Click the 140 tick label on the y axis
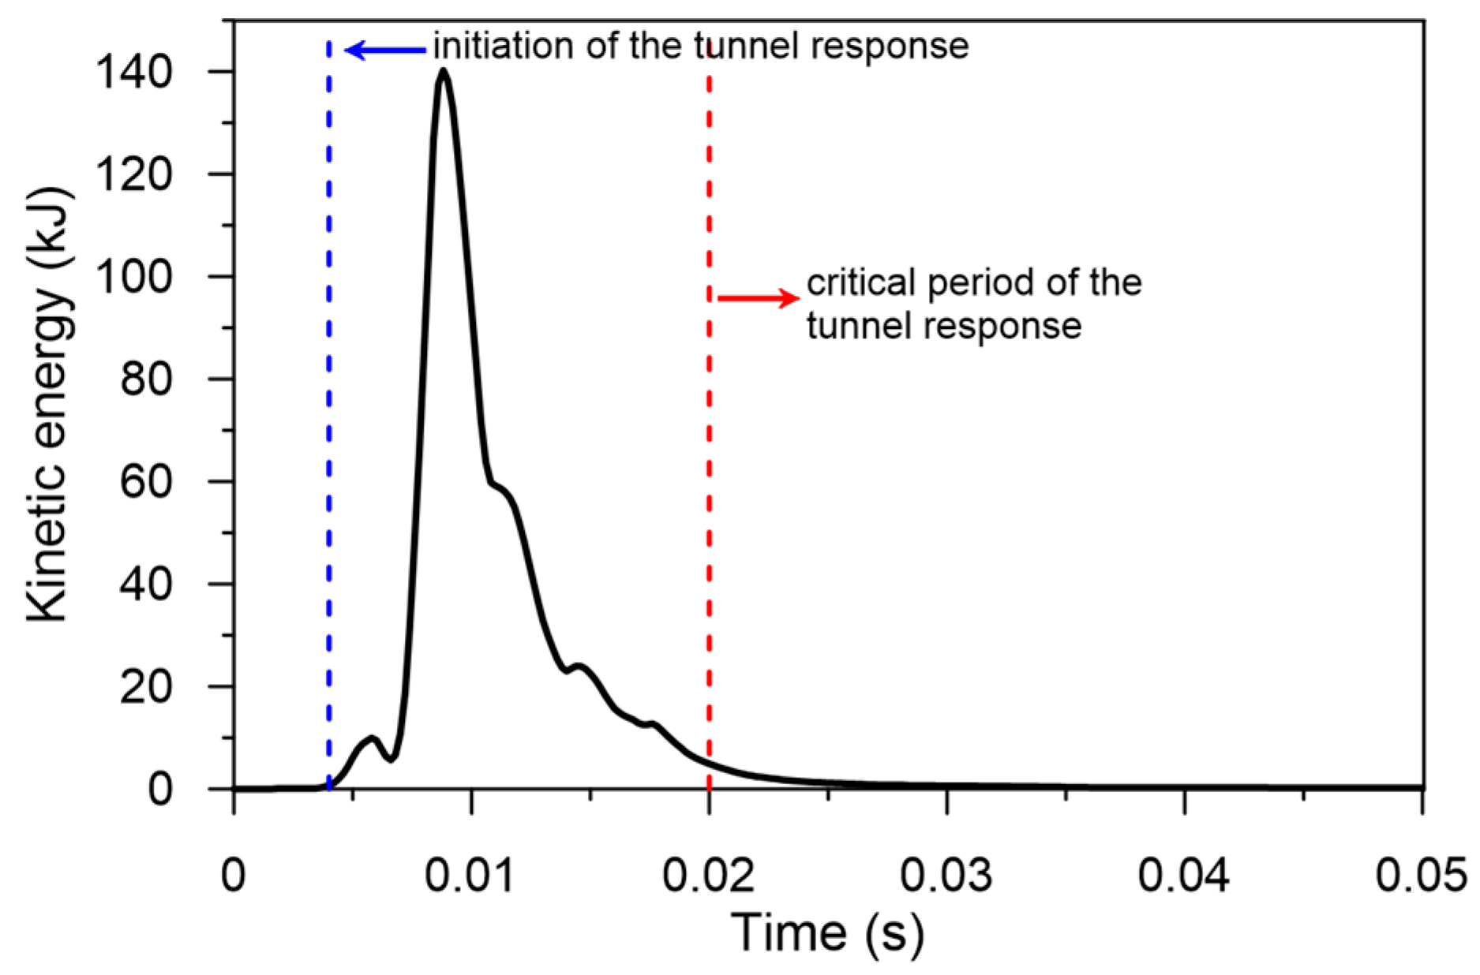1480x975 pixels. point(133,73)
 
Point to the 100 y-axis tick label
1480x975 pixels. point(133,278)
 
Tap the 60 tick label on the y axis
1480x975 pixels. point(145,482)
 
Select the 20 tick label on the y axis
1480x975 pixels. point(145,687)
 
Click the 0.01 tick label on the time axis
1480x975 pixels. point(470,875)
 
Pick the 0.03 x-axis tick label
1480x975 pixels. point(946,875)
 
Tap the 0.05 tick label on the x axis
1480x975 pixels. point(1421,875)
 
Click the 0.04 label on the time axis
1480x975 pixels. point(1183,875)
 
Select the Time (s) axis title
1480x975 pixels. point(826,933)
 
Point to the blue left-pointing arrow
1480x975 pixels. point(386,50)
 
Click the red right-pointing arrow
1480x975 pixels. point(758,298)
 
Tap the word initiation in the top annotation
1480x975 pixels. point(504,46)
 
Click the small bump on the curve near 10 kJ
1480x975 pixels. point(372,738)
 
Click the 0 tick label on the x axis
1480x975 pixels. point(233,875)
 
